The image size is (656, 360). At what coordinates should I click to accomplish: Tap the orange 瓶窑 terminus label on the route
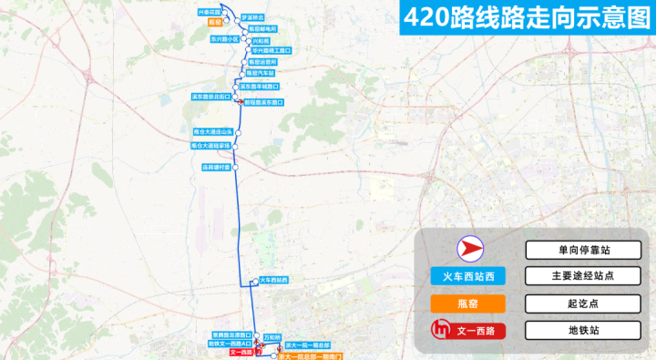(x=215, y=20)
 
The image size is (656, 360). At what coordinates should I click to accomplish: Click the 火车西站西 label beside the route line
(x=273, y=280)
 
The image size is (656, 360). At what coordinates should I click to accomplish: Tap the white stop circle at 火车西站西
(x=255, y=281)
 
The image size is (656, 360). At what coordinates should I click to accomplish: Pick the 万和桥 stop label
(x=273, y=337)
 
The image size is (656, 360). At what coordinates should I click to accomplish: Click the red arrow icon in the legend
(x=468, y=249)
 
